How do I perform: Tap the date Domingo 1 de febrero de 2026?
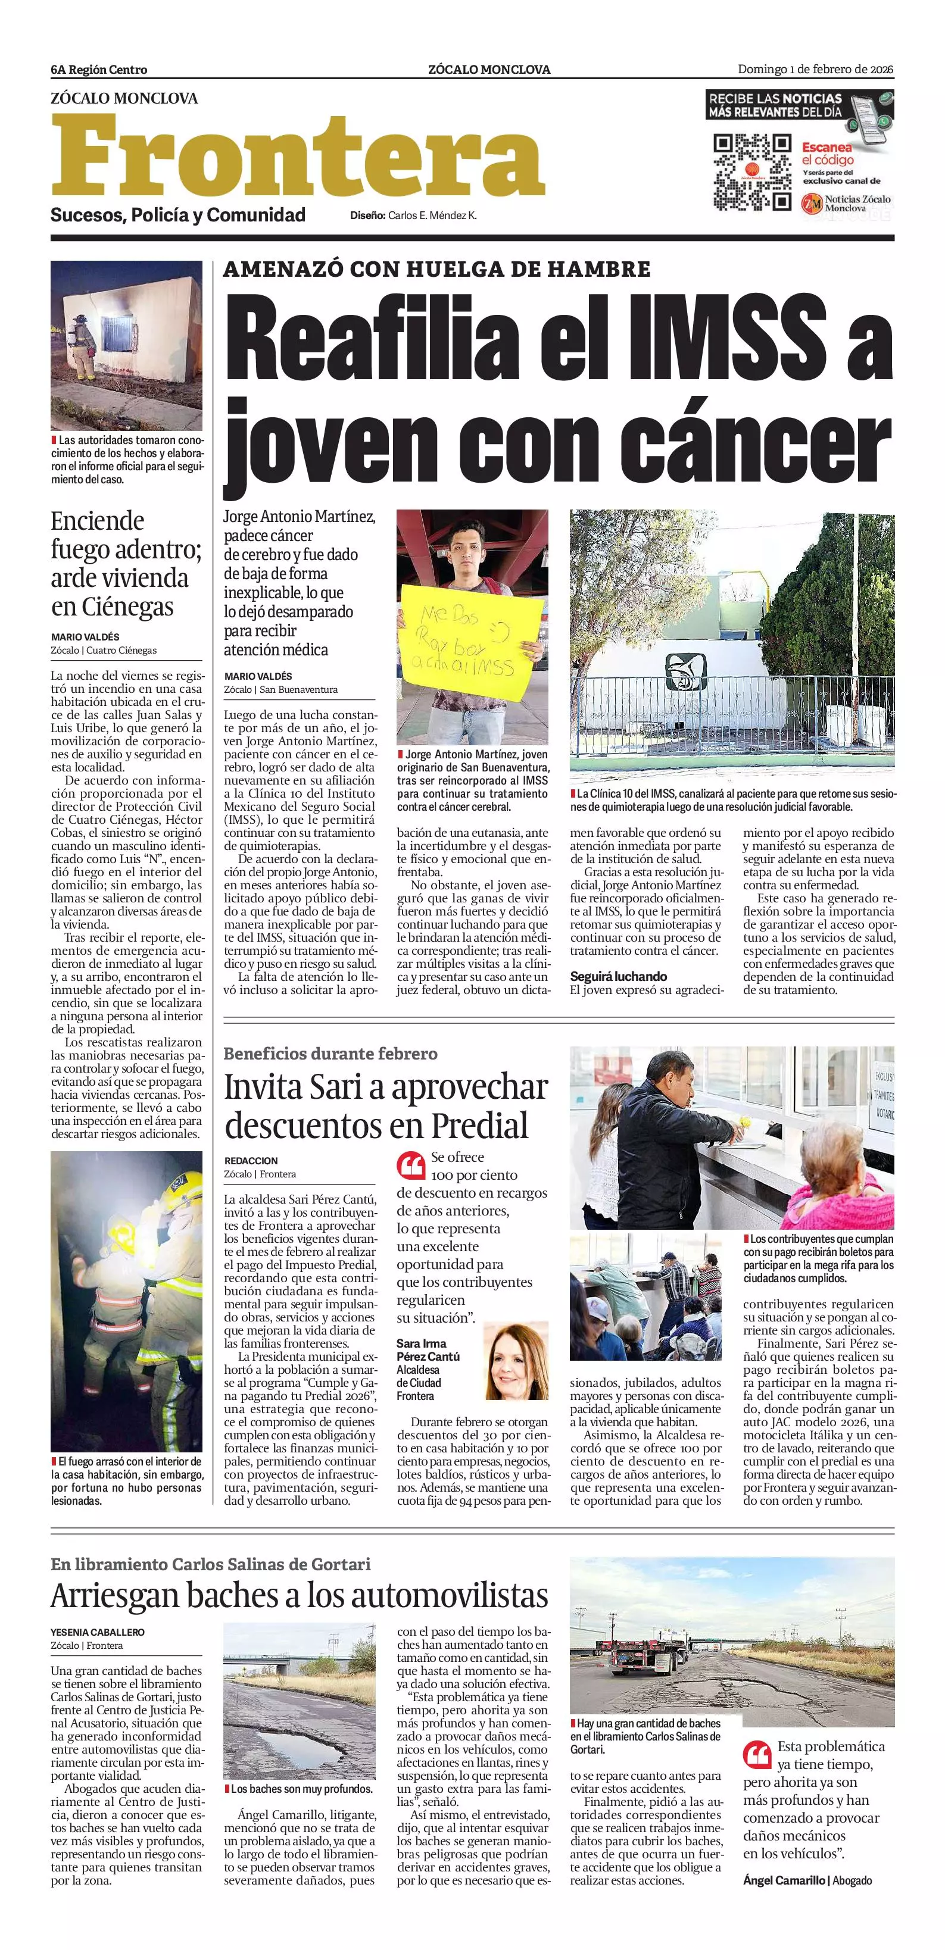816,70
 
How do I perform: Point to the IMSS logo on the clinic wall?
685,671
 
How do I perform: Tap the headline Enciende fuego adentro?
126,562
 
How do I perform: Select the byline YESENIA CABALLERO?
98,1632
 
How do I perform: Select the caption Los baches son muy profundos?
301,1789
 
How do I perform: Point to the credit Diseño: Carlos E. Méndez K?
413,215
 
